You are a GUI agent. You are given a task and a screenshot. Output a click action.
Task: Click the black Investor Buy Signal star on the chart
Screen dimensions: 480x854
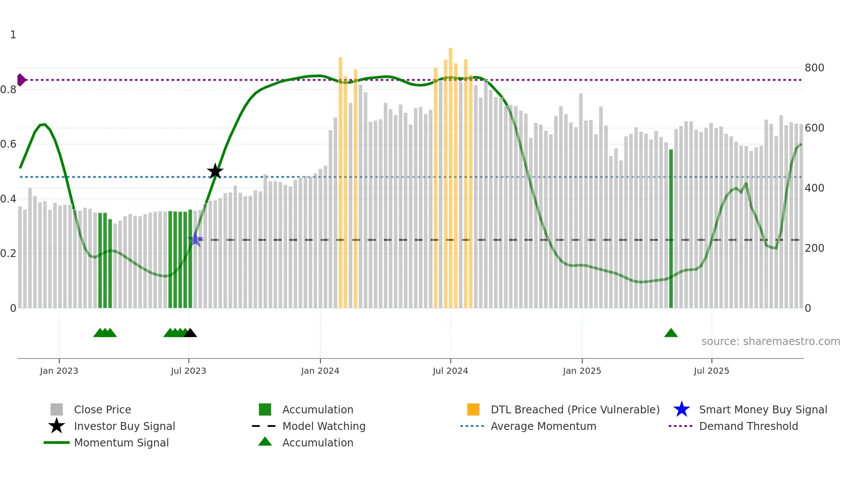[x=215, y=171]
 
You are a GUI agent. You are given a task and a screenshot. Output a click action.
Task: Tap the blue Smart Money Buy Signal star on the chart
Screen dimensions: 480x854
[x=196, y=239]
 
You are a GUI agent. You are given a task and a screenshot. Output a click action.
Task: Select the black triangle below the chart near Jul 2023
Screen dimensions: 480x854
[x=190, y=333]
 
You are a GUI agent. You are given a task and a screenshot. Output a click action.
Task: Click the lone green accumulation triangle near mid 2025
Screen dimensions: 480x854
[x=671, y=333]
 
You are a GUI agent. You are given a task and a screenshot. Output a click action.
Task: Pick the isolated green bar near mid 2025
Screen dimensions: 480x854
[x=671, y=229]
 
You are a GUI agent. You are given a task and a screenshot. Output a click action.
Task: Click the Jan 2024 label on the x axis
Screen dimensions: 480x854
[x=320, y=371]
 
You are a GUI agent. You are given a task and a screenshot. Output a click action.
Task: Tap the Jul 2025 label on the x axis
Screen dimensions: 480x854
[x=711, y=371]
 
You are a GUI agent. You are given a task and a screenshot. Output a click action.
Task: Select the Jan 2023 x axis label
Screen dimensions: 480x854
[x=59, y=371]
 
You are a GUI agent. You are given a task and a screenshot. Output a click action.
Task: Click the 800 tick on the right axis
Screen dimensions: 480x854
[x=814, y=68]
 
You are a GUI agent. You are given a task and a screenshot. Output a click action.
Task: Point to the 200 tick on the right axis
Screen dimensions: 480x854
[x=814, y=248]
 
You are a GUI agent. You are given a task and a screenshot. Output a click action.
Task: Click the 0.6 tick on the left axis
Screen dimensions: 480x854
[x=8, y=144]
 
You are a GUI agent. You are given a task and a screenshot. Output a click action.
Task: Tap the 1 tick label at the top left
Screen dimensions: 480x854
[x=13, y=35]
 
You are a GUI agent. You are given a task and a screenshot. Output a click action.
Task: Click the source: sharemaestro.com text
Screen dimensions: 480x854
[x=770, y=341]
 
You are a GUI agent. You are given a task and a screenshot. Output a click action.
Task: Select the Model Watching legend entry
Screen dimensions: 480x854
[x=323, y=426]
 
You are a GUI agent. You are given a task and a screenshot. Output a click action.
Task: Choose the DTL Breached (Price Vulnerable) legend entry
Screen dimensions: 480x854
[x=575, y=409]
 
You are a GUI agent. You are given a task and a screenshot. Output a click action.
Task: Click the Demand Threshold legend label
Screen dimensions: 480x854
[x=748, y=426]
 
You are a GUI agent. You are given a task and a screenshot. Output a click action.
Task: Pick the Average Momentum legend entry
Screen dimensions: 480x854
[x=543, y=426]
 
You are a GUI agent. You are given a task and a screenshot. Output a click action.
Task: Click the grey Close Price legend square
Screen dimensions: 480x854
[x=57, y=409]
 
